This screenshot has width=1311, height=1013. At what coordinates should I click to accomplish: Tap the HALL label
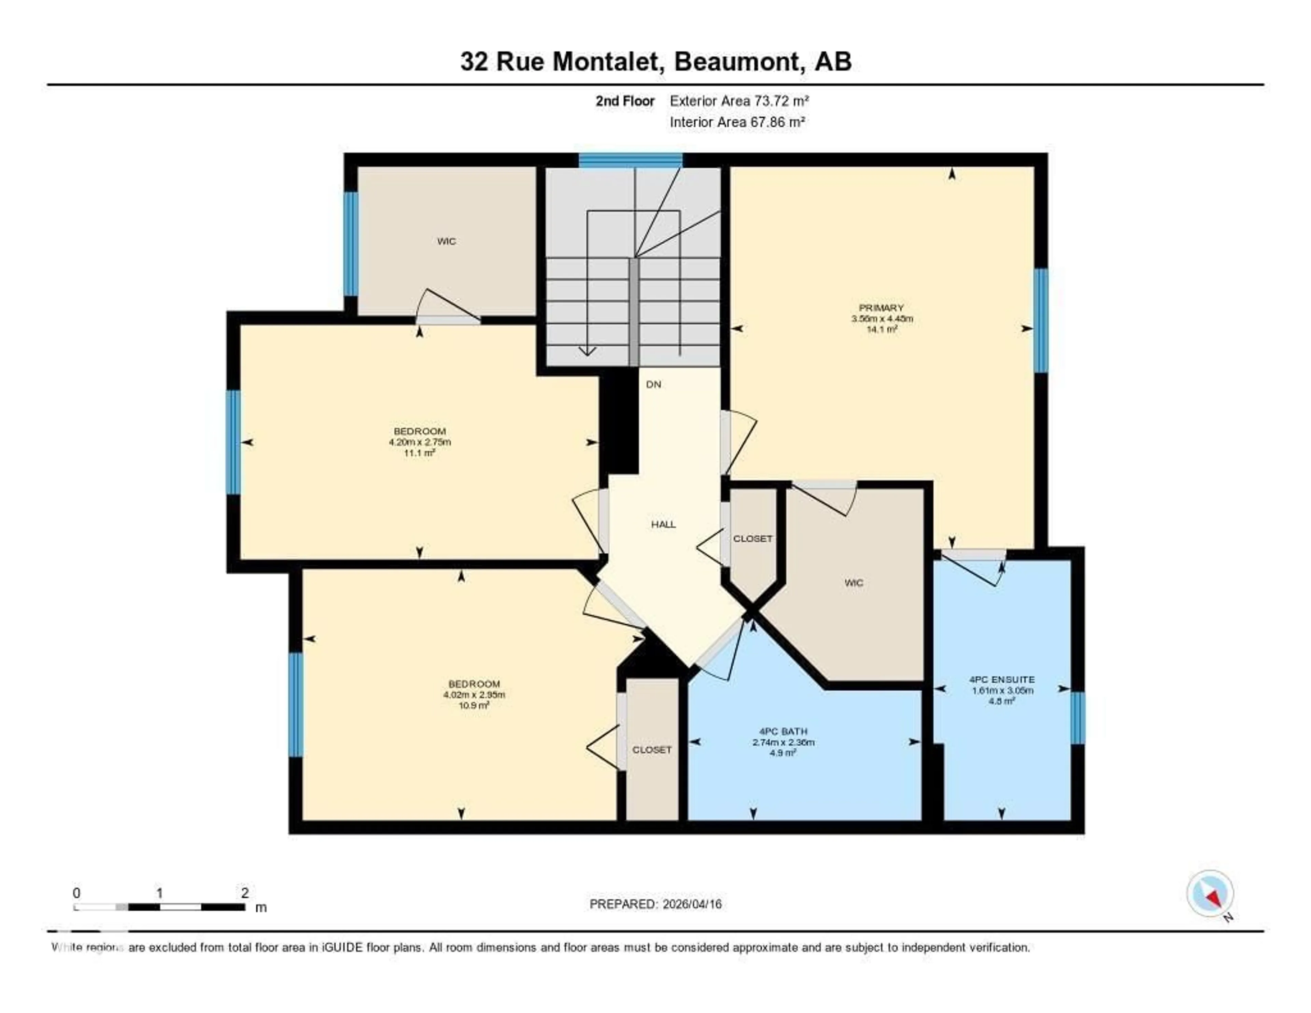click(x=663, y=524)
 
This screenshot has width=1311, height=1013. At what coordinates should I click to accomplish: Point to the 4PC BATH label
click(x=784, y=731)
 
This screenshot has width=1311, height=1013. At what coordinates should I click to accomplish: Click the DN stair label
click(x=654, y=384)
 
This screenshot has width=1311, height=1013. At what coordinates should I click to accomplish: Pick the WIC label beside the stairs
click(x=446, y=241)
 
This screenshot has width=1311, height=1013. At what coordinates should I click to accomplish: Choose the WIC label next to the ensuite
click(x=854, y=582)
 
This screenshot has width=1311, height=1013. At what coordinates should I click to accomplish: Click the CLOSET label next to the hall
click(x=753, y=539)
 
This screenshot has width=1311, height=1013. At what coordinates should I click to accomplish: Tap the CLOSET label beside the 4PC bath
click(x=652, y=750)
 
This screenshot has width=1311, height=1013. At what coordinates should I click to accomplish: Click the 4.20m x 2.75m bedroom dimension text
click(x=420, y=442)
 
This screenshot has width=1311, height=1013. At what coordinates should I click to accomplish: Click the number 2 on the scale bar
click(x=244, y=893)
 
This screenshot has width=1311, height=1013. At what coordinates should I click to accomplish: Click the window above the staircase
click(x=630, y=160)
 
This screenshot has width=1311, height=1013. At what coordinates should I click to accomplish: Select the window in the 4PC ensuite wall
click(x=1078, y=718)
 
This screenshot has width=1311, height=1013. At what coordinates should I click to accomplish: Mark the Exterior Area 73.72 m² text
click(x=739, y=101)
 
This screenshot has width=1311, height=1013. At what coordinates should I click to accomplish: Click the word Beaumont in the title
click(x=739, y=61)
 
